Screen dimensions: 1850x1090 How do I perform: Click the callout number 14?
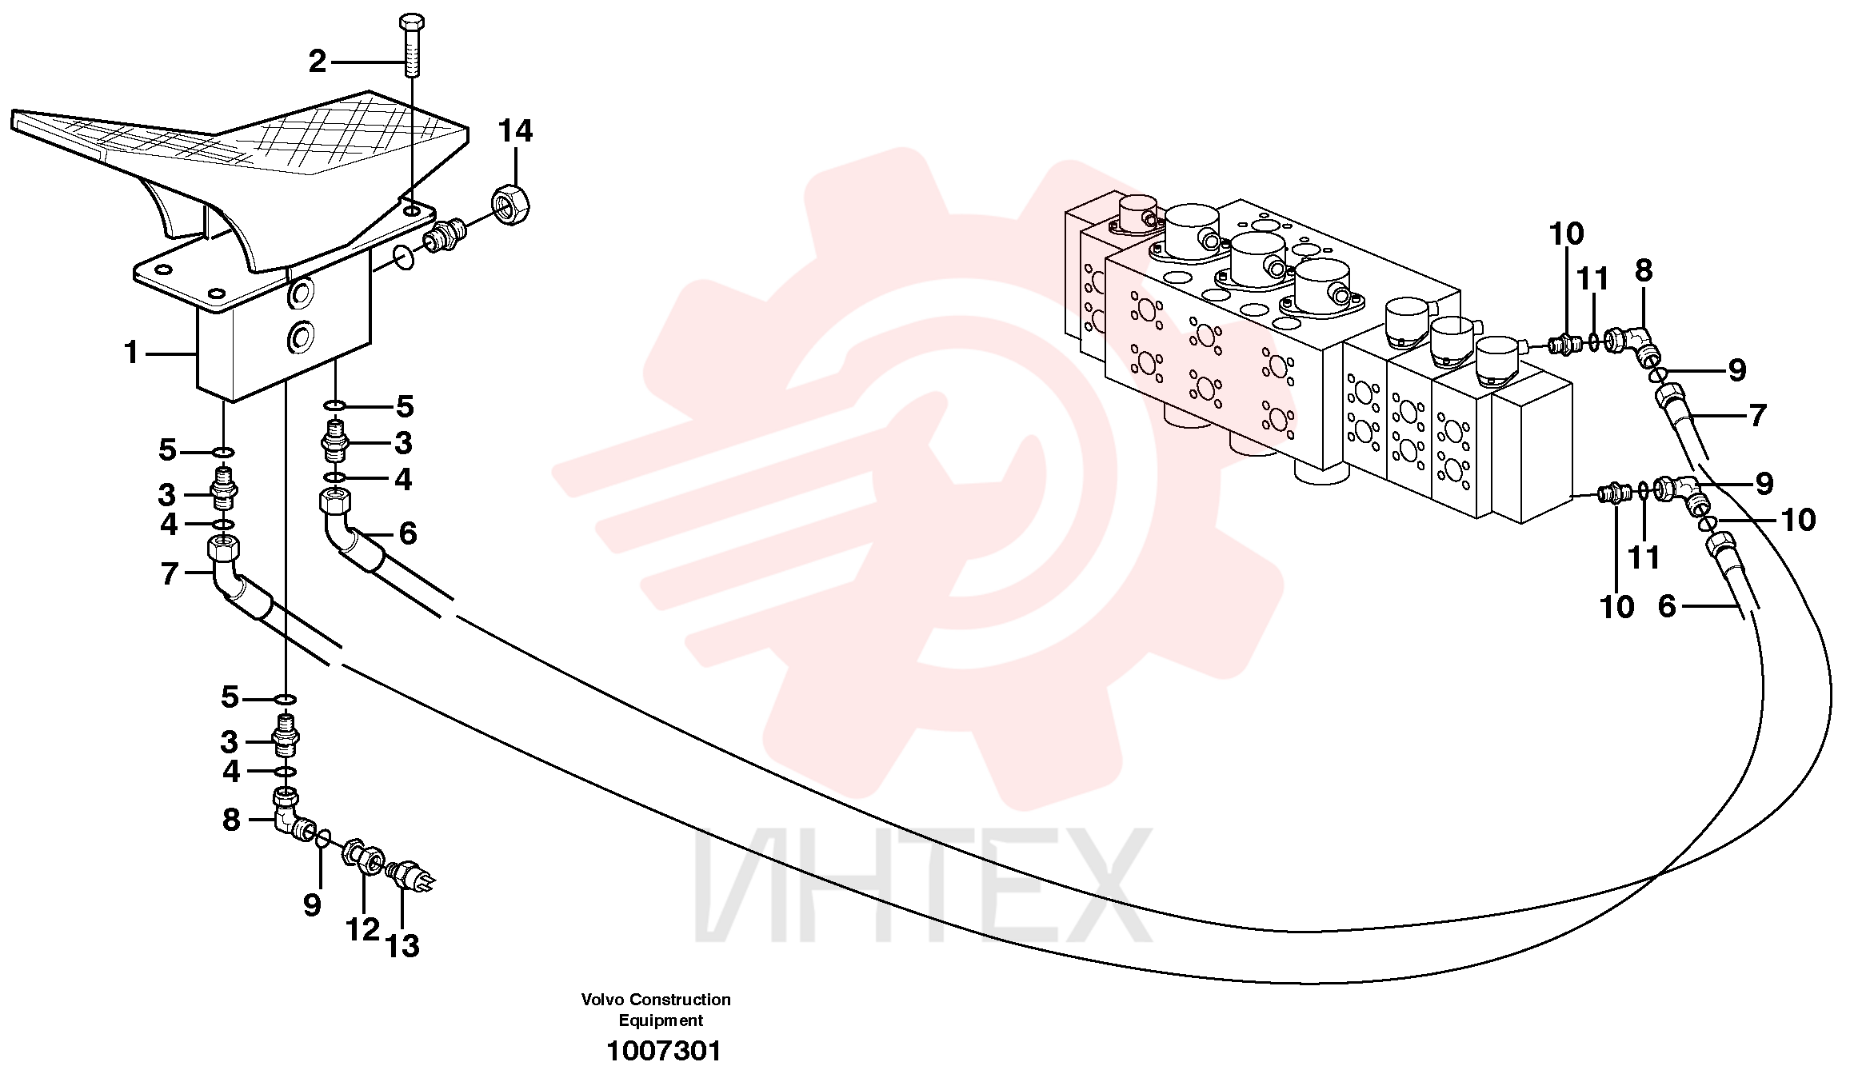(x=515, y=131)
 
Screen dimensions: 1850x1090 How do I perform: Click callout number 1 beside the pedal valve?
(x=132, y=353)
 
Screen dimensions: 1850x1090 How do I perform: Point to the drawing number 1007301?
(x=664, y=1051)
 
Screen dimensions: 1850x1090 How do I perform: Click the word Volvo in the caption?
(x=604, y=999)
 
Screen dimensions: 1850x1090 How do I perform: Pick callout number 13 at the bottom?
(x=402, y=946)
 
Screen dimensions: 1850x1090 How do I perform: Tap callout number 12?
(x=362, y=929)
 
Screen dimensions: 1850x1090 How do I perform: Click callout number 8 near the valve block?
(x=1643, y=271)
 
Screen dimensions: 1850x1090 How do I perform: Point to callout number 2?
(x=318, y=62)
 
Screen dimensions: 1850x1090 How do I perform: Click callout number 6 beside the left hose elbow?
(x=408, y=533)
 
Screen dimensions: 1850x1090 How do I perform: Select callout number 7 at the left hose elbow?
(x=169, y=573)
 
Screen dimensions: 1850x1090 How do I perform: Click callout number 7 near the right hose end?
(x=1756, y=415)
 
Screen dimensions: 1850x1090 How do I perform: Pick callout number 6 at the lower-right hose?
(x=1667, y=606)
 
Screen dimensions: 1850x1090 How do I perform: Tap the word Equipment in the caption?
(x=661, y=1020)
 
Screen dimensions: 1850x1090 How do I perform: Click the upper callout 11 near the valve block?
(x=1592, y=279)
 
